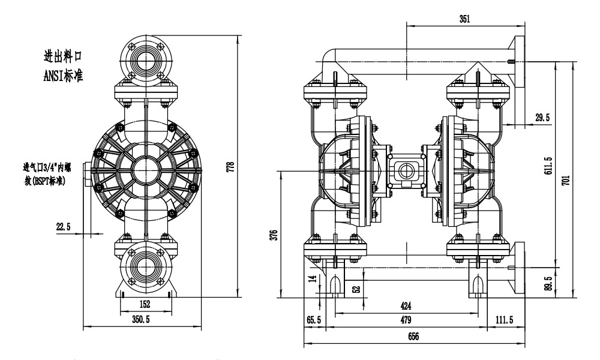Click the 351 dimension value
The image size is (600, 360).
click(464, 19)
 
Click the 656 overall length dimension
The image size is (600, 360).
click(413, 337)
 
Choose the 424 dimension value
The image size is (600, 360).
click(406, 305)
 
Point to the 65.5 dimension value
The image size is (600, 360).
click(314, 320)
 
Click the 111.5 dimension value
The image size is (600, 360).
click(503, 320)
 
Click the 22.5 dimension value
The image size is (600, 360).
click(64, 226)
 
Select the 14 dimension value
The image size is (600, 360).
click(311, 278)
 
